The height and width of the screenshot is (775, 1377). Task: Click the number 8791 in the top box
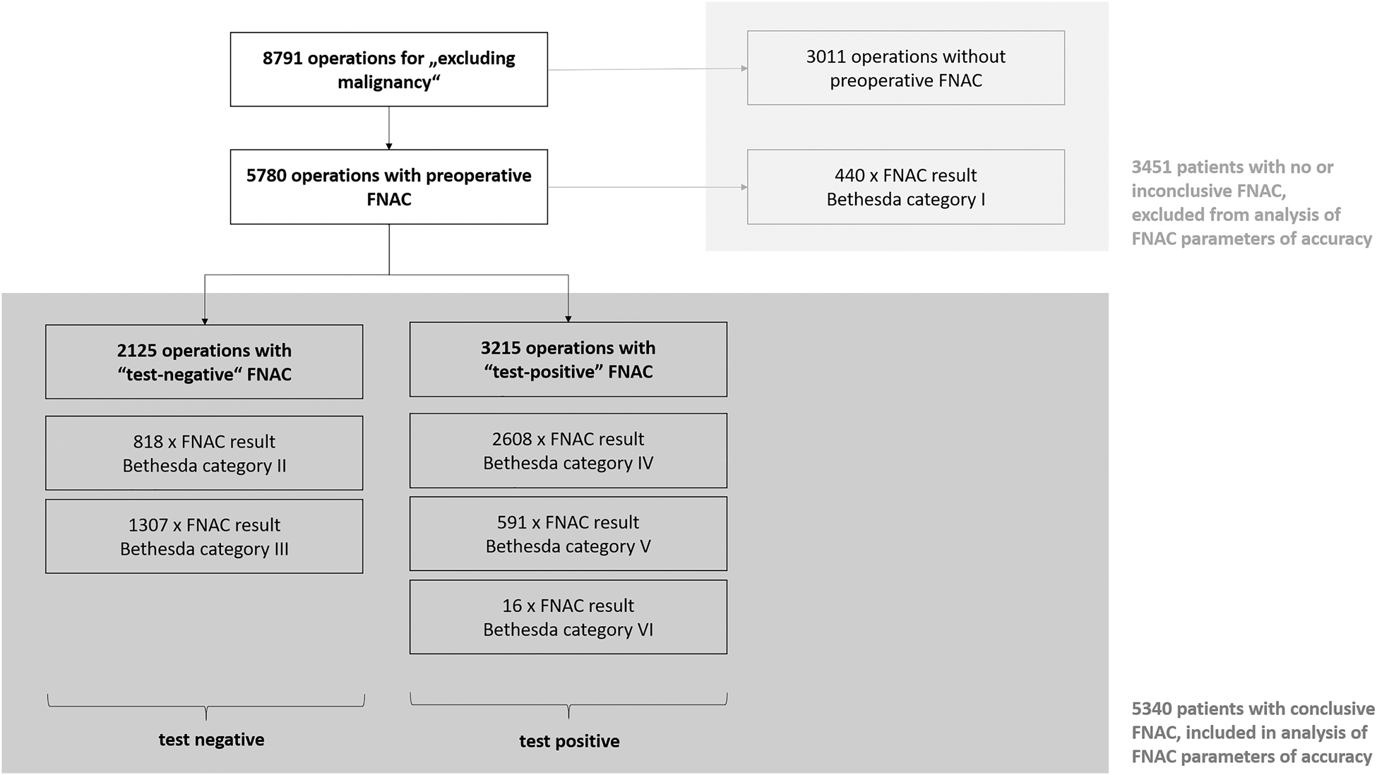[x=282, y=59]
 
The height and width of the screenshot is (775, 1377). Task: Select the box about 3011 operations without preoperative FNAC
[x=905, y=68]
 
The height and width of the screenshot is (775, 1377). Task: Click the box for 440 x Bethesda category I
[x=905, y=187]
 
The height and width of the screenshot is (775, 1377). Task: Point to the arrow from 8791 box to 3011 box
[x=647, y=69]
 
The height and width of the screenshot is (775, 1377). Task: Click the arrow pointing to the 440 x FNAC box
[x=647, y=187]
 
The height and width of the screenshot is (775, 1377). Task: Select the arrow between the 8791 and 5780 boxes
[x=389, y=128]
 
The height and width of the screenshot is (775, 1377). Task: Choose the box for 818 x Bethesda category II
[x=204, y=453]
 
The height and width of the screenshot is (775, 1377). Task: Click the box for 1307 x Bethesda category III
[x=204, y=536]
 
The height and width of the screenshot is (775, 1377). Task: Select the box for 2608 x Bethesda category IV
[x=568, y=450]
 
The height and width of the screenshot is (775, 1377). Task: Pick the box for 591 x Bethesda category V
[x=568, y=534]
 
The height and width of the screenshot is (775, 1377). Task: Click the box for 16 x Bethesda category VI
[x=568, y=617]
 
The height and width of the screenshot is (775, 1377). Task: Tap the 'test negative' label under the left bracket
[x=211, y=740]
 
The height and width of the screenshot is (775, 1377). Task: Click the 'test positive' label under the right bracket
[x=569, y=741]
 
